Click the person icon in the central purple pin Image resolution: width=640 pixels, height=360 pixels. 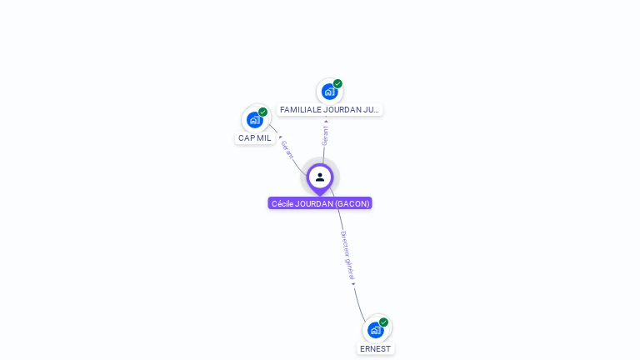[320, 177]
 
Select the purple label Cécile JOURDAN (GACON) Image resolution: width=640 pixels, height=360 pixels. [320, 203]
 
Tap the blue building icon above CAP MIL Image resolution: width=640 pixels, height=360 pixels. [255, 120]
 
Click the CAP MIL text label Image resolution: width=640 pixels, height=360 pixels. [255, 138]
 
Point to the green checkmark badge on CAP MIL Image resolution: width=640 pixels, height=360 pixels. [262, 112]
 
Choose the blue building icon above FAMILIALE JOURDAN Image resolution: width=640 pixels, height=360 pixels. [329, 92]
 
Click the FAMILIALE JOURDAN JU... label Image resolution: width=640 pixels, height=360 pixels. [329, 109]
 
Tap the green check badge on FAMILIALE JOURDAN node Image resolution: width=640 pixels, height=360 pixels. [337, 83]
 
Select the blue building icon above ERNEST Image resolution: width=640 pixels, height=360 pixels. [376, 330]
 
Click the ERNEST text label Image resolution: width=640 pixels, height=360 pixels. [376, 349]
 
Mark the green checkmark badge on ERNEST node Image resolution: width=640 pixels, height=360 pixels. [383, 322]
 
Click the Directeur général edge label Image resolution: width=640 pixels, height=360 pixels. [347, 256]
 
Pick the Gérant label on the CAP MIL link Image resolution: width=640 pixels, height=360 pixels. [287, 150]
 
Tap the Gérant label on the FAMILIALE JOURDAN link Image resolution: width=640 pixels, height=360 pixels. [325, 136]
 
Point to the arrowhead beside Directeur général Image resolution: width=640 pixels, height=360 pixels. [353, 284]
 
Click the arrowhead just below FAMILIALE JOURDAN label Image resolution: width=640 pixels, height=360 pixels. [326, 121]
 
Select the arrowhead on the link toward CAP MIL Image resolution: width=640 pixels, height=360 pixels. [280, 137]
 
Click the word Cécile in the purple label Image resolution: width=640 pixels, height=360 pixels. [282, 203]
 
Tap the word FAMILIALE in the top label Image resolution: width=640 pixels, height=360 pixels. [300, 109]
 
